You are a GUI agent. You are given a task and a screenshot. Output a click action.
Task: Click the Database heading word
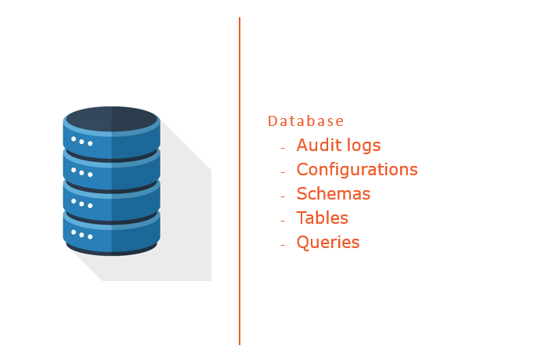click(305, 121)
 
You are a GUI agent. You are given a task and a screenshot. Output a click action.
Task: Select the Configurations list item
click(356, 170)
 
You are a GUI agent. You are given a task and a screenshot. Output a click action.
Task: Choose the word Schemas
click(333, 194)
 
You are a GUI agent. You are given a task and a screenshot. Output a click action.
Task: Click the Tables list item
click(322, 218)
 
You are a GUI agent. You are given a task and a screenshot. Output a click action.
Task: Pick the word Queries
click(327, 243)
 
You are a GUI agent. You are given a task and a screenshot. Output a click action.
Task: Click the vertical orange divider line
click(240, 180)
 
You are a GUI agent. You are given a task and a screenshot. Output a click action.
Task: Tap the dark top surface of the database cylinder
click(111, 118)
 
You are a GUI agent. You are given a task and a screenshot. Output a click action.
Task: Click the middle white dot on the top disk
click(81, 142)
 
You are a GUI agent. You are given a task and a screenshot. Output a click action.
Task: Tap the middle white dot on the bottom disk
click(81, 234)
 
